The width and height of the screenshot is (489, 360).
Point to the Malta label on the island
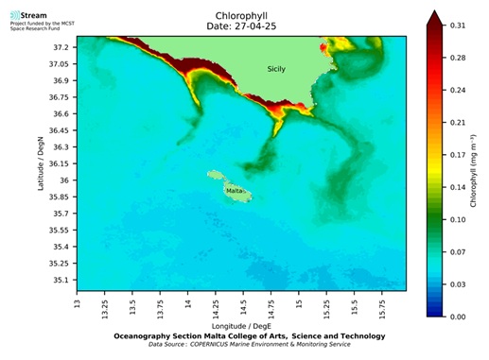(x=234, y=190)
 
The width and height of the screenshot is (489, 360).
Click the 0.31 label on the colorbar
(x=458, y=25)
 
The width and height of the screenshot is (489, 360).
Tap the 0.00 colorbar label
(x=458, y=317)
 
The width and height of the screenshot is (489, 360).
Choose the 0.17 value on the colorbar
(x=458, y=154)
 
